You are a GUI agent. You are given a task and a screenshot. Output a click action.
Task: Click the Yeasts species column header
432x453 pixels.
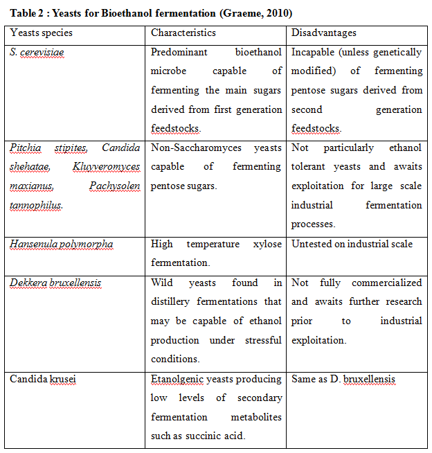41,33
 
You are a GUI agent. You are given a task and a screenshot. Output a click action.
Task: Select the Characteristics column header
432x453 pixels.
183,33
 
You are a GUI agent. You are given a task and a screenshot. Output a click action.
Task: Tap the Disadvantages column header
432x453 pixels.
324,33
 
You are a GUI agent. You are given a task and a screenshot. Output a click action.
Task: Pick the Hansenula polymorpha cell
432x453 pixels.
62,244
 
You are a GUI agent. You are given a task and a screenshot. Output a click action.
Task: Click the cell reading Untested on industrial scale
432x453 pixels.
352,244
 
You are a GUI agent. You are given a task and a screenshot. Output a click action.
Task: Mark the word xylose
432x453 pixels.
266,244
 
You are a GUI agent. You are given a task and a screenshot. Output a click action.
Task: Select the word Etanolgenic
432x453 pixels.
180,379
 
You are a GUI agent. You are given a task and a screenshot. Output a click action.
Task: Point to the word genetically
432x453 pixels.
394,53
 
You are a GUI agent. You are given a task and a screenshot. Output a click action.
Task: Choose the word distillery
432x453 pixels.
173,301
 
